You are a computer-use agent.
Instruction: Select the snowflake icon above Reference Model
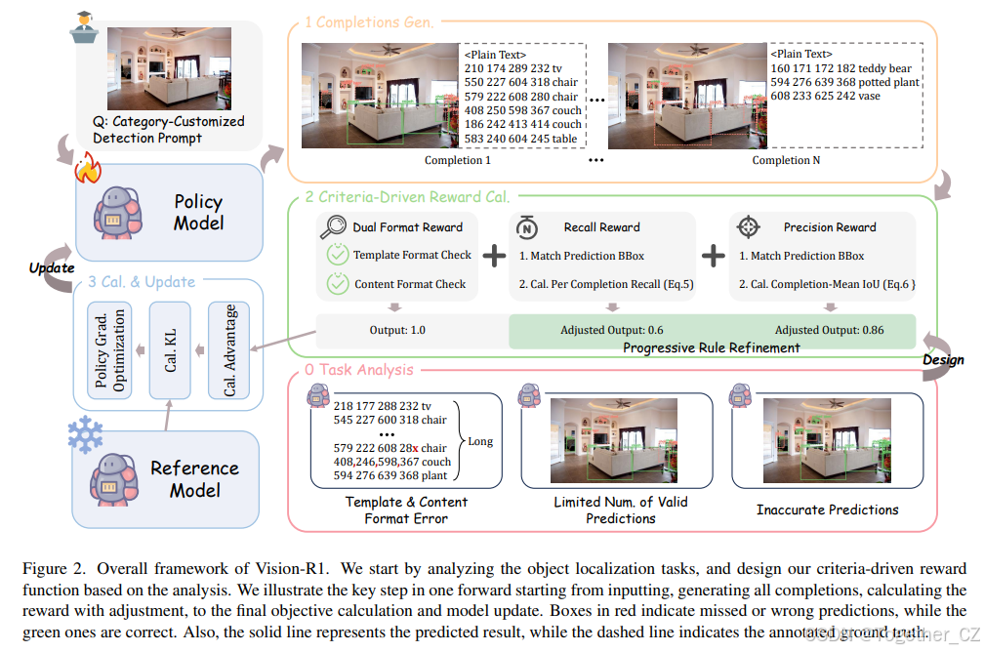coord(86,431)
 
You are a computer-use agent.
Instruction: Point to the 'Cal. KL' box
coord(170,350)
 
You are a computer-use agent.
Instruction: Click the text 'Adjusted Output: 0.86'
coord(829,330)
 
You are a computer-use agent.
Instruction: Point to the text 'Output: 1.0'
coord(397,330)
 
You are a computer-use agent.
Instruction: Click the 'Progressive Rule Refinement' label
coord(713,347)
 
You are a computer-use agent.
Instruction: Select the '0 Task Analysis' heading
coord(358,370)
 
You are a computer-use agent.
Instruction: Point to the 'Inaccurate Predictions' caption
coord(828,509)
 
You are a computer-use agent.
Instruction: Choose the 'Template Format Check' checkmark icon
coord(338,255)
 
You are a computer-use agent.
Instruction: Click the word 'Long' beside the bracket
coord(480,441)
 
